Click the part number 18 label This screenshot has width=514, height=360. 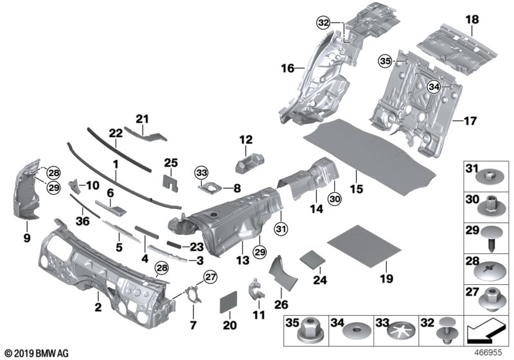click(x=472, y=20)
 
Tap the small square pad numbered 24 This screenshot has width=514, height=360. click(x=292, y=260)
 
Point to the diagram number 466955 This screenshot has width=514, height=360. click(x=491, y=353)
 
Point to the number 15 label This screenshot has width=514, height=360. click(x=356, y=189)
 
